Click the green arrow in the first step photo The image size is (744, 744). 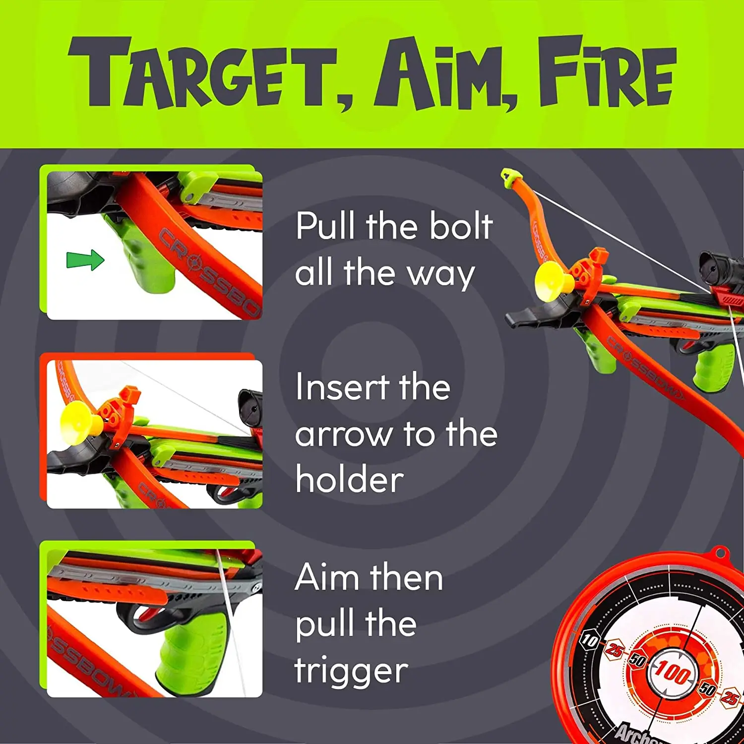tap(85, 260)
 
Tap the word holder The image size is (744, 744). tap(349, 480)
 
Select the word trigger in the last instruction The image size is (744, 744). tap(351, 671)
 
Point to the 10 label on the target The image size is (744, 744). tap(589, 640)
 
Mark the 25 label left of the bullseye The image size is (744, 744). tap(614, 650)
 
